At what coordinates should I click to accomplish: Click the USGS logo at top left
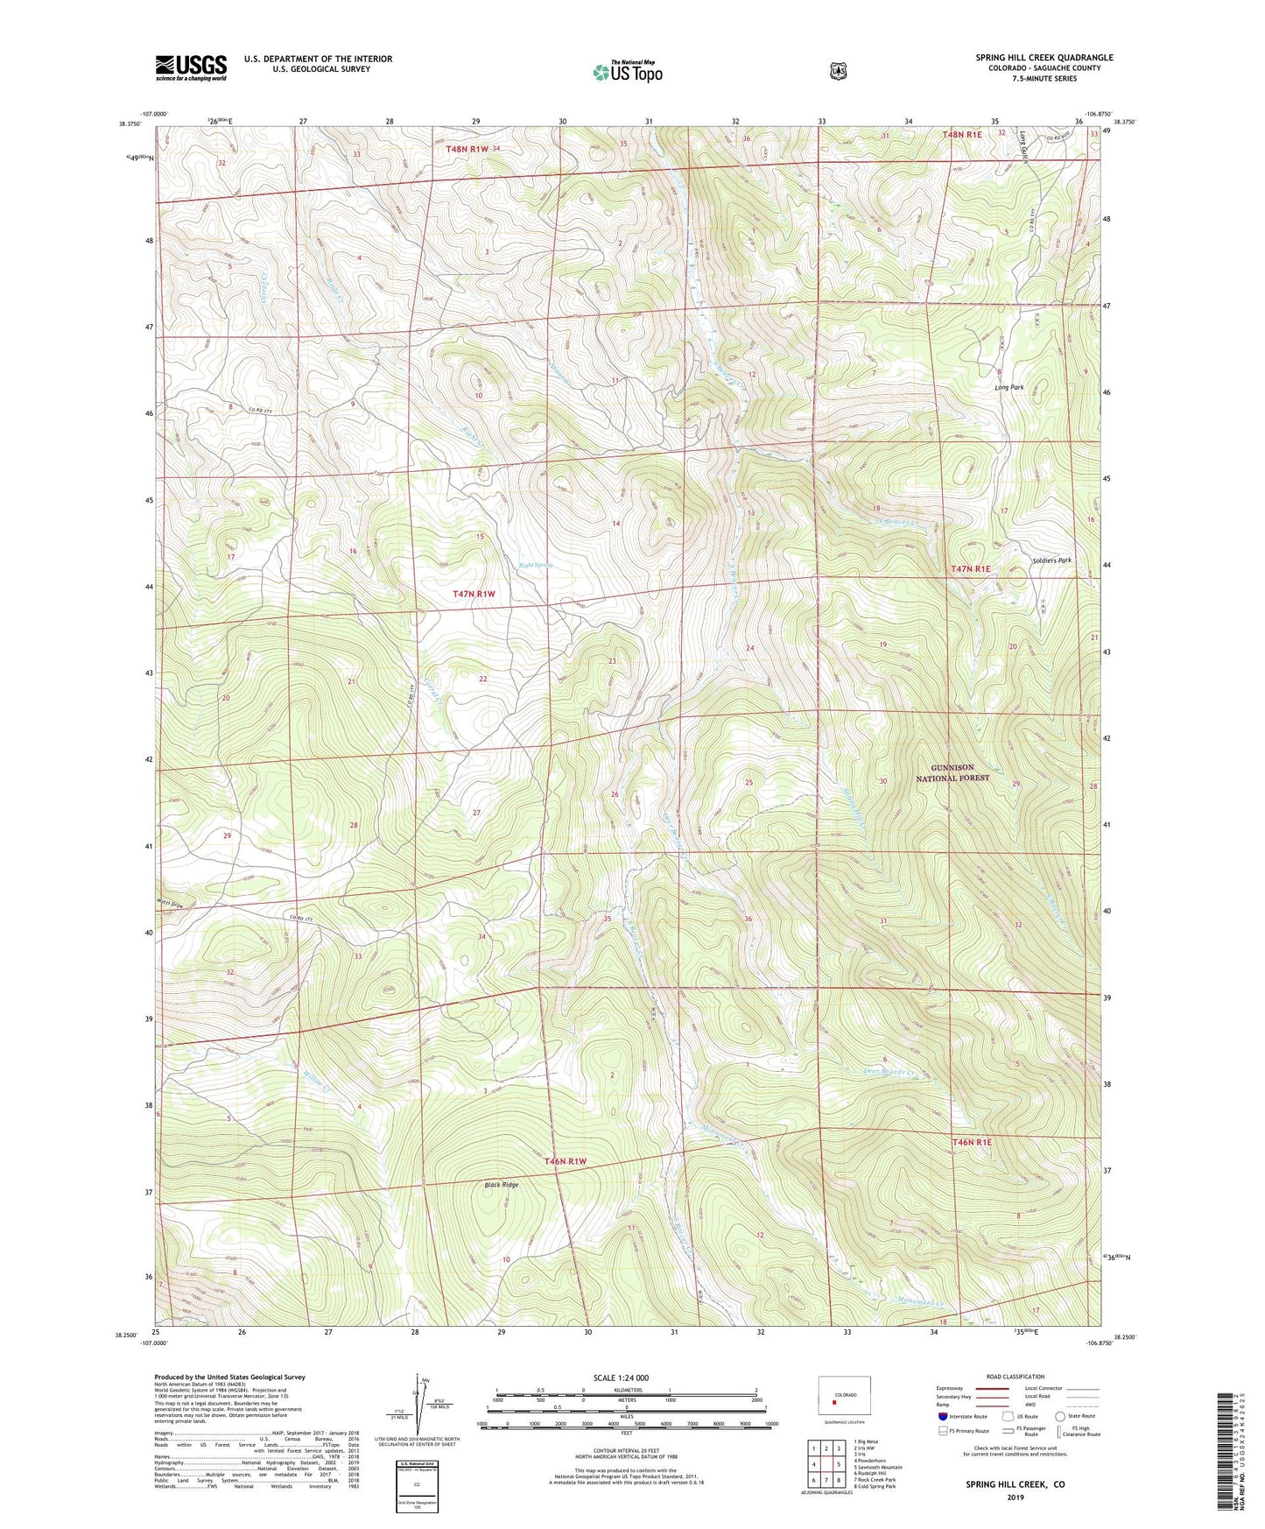[191, 67]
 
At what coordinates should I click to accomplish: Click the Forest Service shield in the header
[838, 71]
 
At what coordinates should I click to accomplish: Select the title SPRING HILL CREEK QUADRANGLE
[1044, 58]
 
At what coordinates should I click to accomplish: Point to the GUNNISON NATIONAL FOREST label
[952, 772]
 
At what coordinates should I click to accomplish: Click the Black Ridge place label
[502, 1185]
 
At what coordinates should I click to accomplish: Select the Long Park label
[1008, 387]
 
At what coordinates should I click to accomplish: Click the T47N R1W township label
[474, 594]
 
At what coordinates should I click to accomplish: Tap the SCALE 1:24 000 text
[621, 1378]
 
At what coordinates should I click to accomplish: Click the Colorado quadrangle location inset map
[845, 1399]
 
